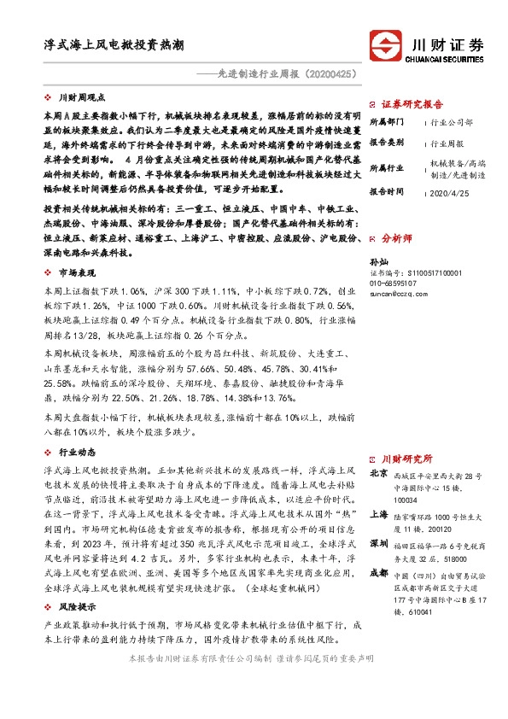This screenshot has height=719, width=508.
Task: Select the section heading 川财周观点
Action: point(87,98)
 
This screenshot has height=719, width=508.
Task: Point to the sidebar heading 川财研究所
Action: point(406,459)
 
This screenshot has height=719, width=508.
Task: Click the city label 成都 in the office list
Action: point(378,572)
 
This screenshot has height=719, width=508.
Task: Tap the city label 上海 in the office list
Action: point(378,514)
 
